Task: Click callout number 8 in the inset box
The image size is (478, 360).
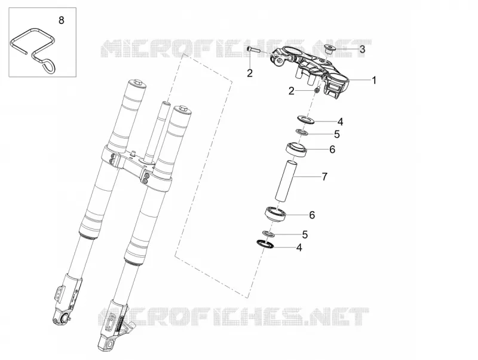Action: pyautogui.click(x=62, y=20)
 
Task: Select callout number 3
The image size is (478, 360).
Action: pyautogui.click(x=362, y=49)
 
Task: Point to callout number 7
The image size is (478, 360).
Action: pyautogui.click(x=324, y=176)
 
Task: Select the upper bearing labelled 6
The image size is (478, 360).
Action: pyautogui.click(x=296, y=149)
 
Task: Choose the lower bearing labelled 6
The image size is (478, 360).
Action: pyautogui.click(x=275, y=214)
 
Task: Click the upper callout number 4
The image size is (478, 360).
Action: pyautogui.click(x=340, y=122)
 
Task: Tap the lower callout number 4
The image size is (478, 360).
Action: pyautogui.click(x=299, y=248)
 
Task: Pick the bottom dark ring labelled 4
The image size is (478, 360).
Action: pyautogui.click(x=265, y=245)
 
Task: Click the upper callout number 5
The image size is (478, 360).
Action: pyautogui.click(x=336, y=134)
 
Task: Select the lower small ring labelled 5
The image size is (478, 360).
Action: pyautogui.click(x=268, y=234)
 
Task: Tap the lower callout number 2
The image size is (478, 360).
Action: pyautogui.click(x=292, y=91)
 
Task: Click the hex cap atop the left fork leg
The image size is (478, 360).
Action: pyautogui.click(x=136, y=83)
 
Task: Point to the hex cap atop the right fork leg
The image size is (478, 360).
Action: pyautogui.click(x=183, y=109)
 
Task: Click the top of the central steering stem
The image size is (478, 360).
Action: pyautogui.click(x=166, y=103)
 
